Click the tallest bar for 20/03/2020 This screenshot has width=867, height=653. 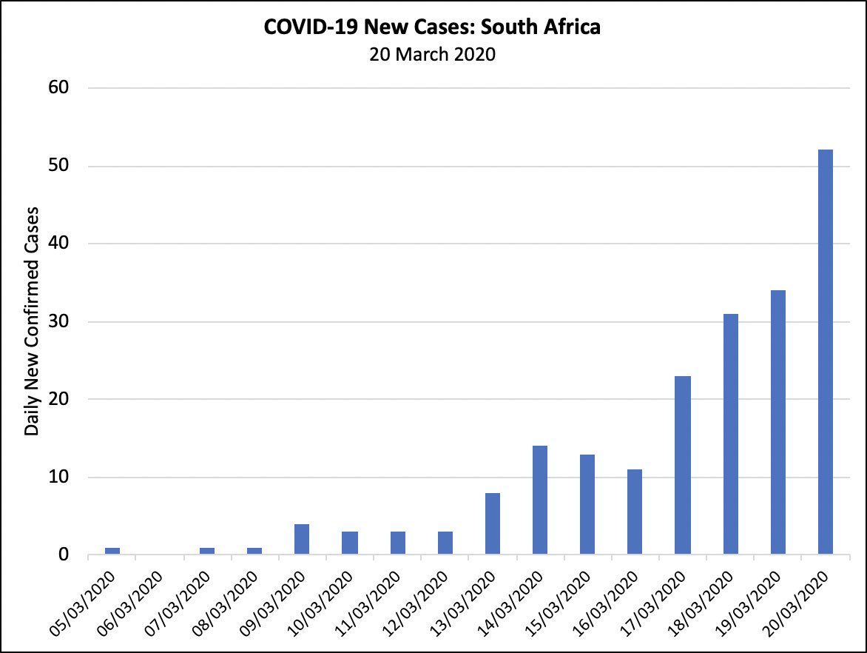(825, 352)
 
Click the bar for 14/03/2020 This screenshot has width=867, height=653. (540, 500)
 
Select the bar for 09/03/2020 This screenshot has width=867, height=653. (302, 539)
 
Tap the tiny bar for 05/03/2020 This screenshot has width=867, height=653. (112, 551)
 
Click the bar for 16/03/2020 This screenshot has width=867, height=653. (635, 512)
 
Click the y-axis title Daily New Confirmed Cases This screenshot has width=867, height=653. (32, 321)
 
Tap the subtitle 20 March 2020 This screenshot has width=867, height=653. (433, 54)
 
